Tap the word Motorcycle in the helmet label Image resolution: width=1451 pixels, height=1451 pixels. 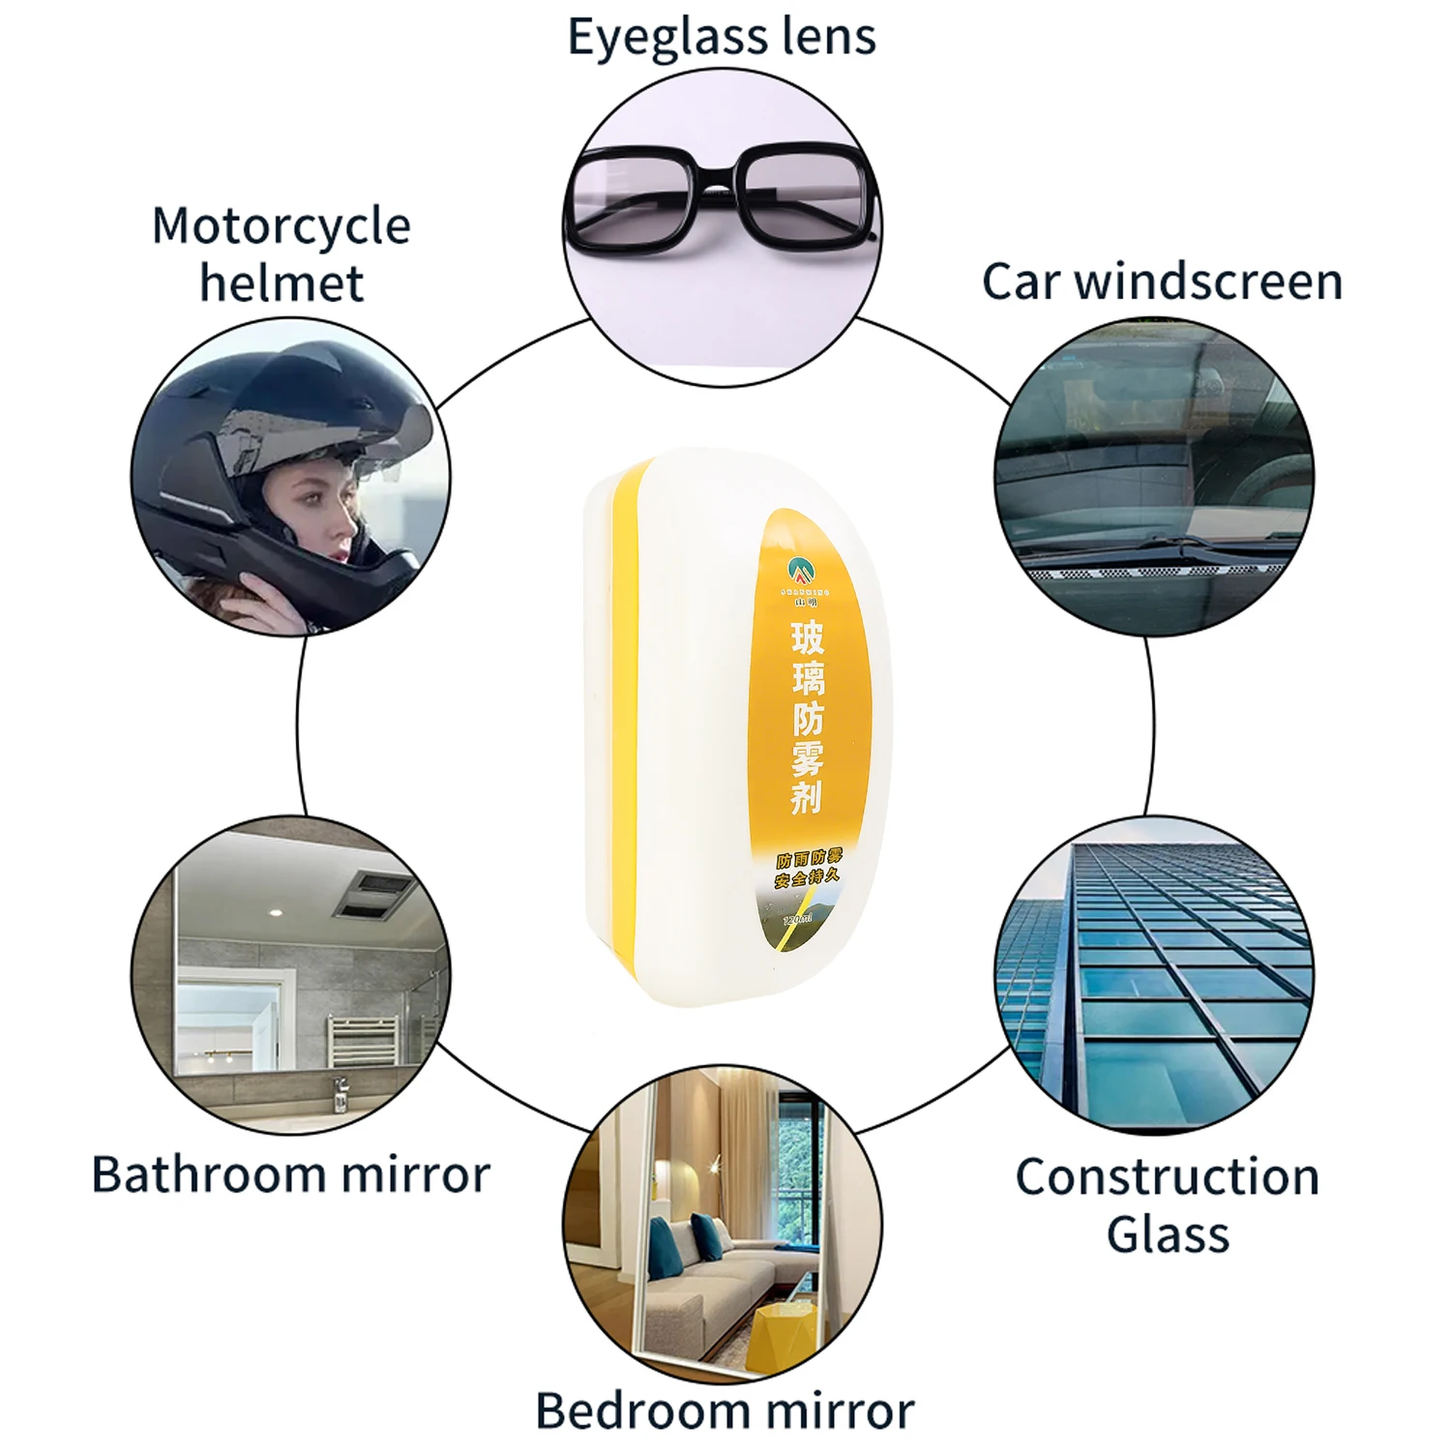click(281, 226)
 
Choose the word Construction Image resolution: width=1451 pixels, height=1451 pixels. click(1168, 1177)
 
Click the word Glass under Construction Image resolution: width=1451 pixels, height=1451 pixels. click(1168, 1235)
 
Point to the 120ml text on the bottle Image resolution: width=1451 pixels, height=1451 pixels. click(799, 918)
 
